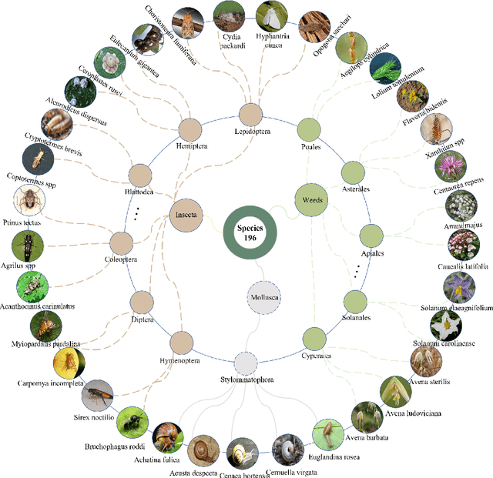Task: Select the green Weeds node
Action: click(312, 199)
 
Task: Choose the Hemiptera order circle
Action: click(189, 130)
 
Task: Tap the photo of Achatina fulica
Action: click(167, 437)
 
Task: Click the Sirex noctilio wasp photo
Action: click(98, 395)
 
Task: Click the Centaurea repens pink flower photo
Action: click(454, 167)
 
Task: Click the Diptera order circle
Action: click(142, 303)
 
